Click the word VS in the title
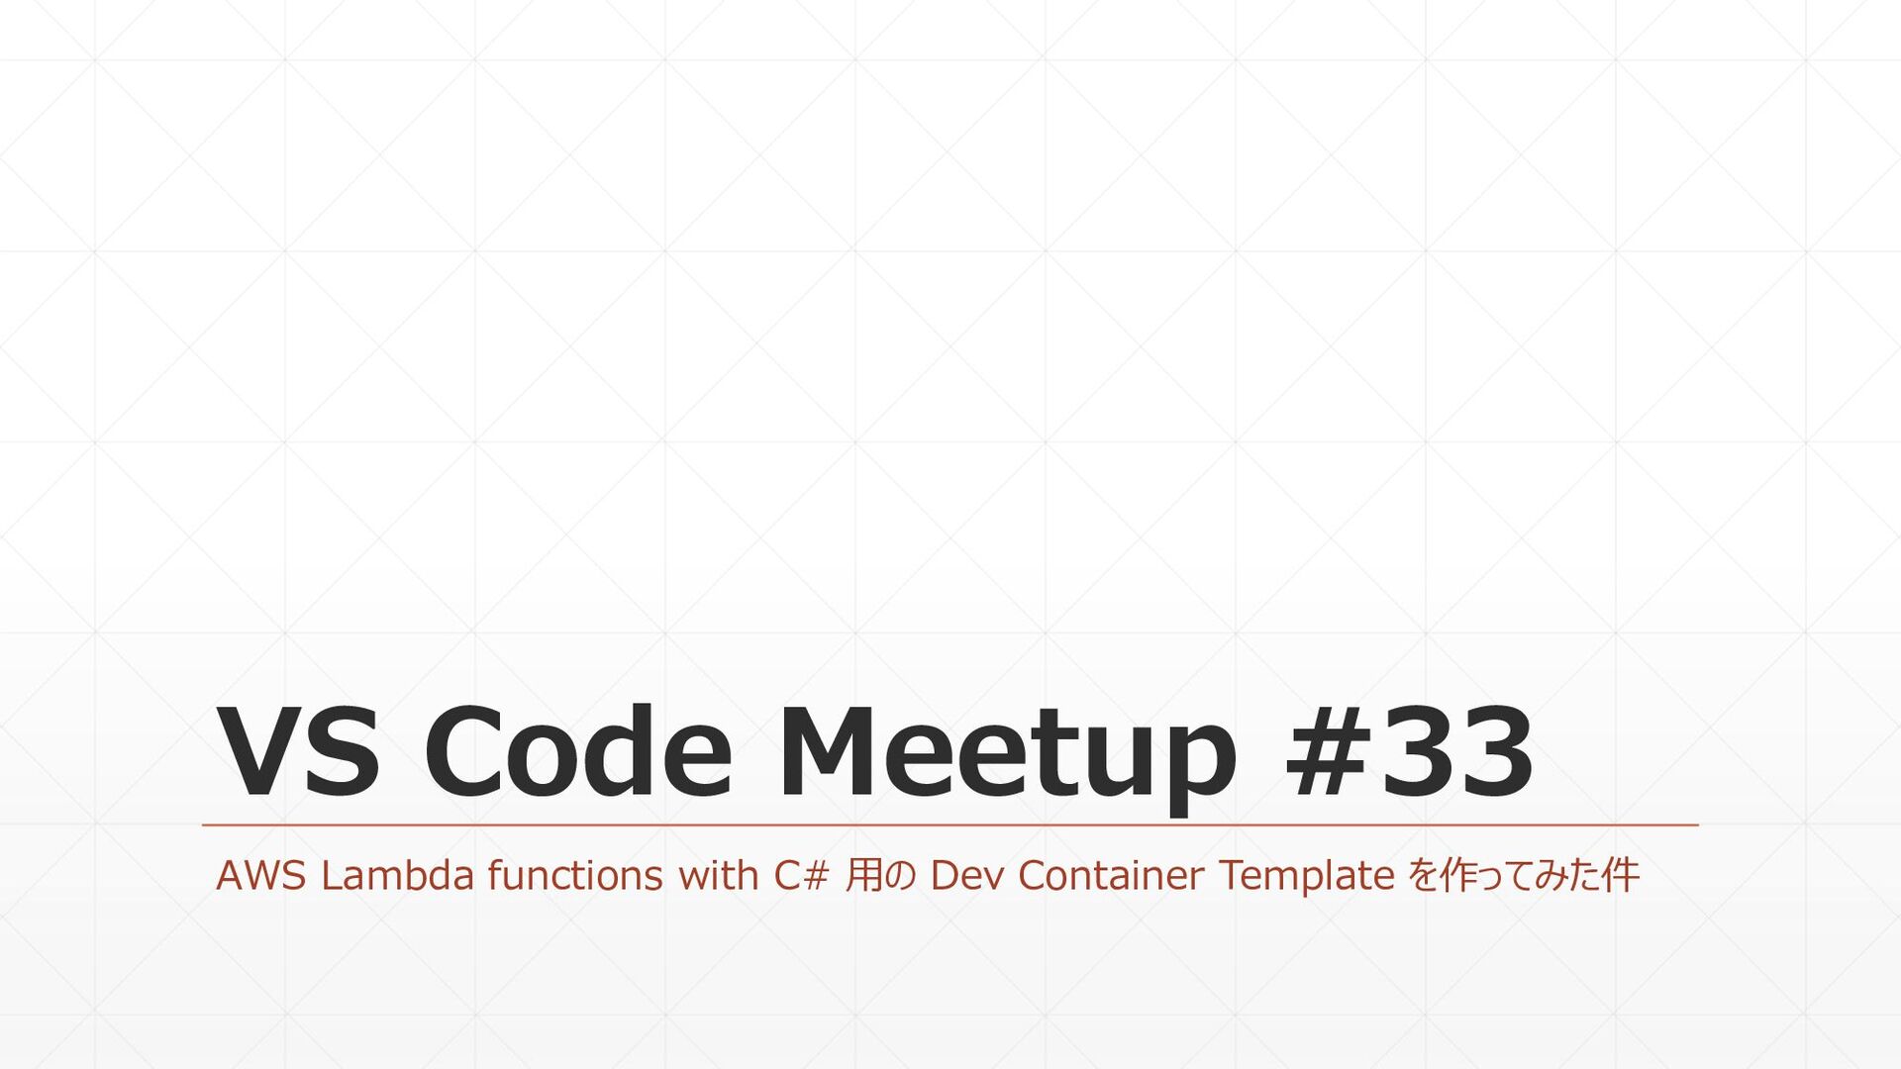pos(298,752)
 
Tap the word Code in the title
pos(578,752)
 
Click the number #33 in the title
pos(1409,752)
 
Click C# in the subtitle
pos(800,876)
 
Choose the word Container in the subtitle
pos(1111,876)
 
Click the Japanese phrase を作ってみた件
pos(1523,876)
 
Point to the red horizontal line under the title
pos(950,825)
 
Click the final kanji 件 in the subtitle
pos(1620,876)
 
